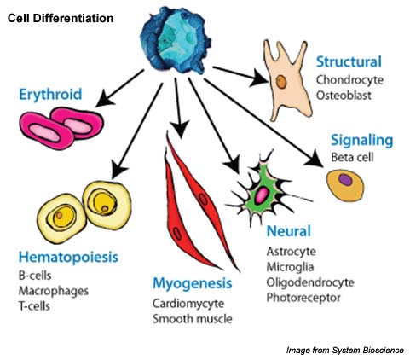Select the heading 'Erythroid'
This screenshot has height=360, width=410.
49,94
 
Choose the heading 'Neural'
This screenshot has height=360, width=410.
287,231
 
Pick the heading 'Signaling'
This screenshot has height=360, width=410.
361,139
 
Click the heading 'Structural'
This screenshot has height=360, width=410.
349,62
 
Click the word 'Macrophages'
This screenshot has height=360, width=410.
52,291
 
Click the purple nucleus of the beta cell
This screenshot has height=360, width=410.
344,181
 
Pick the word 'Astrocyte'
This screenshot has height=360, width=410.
291,252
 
